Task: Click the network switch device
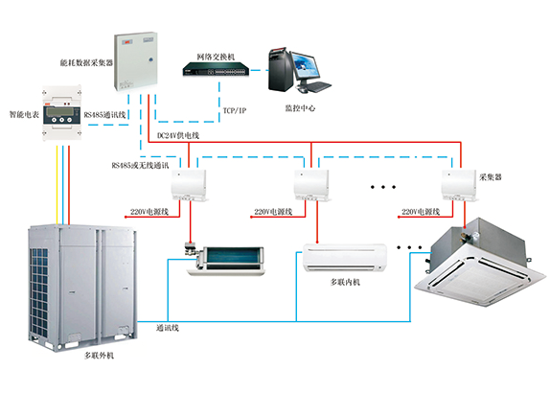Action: point(216,69)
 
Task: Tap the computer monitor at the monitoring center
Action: point(306,66)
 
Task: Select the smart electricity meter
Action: point(61,113)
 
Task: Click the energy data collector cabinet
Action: point(136,61)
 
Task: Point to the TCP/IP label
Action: point(235,110)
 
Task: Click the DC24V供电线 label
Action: point(178,135)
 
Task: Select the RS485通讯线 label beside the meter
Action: point(104,115)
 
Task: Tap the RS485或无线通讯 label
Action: point(140,165)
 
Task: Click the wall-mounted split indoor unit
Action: point(345,258)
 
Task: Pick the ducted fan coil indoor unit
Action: point(224,258)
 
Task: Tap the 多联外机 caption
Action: point(100,356)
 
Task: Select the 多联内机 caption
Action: point(345,282)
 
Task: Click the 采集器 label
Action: point(491,177)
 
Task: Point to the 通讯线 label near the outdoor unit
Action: point(168,328)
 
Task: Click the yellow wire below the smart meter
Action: point(57,185)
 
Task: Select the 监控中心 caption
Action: point(300,108)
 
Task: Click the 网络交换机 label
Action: point(216,57)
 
